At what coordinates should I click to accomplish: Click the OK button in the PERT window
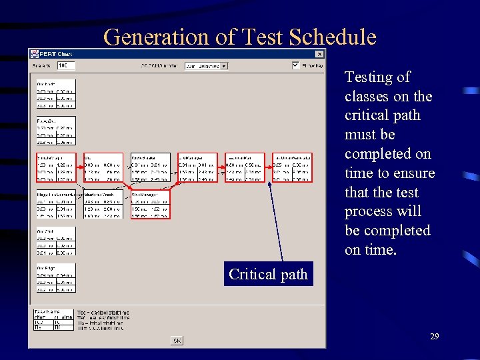click(x=177, y=340)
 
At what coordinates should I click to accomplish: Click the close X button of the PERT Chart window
click(x=319, y=54)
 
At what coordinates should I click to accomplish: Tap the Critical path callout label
click(x=268, y=275)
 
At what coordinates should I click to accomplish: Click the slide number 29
click(x=434, y=337)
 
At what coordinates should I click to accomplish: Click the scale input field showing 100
click(x=66, y=66)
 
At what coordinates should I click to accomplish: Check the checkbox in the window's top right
click(x=295, y=65)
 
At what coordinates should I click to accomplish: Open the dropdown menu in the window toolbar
click(x=206, y=66)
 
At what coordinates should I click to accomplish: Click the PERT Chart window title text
click(x=56, y=54)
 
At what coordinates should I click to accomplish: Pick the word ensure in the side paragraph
click(x=413, y=173)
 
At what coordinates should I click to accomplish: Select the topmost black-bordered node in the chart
click(x=56, y=94)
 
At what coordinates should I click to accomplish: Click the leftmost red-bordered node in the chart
click(x=56, y=168)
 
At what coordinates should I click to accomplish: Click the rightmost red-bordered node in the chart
click(x=292, y=168)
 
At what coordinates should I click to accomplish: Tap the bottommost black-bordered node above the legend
click(x=56, y=278)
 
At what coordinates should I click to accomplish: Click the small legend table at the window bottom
click(x=53, y=319)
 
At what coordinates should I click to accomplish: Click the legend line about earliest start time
click(x=103, y=313)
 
